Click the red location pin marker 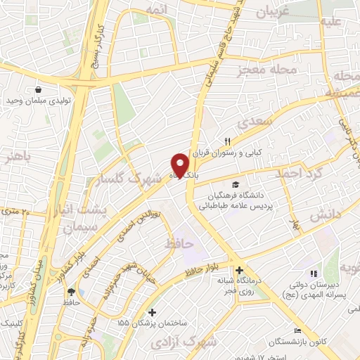[x=180, y=165]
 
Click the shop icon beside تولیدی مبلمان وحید [x=37, y=89]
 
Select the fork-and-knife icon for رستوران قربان [x=227, y=140]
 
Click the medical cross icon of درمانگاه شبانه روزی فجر [x=239, y=270]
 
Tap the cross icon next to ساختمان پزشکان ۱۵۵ [x=152, y=311]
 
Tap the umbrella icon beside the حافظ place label [x=71, y=291]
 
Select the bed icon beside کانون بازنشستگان [x=297, y=330]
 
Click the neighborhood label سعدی [x=252, y=124]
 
